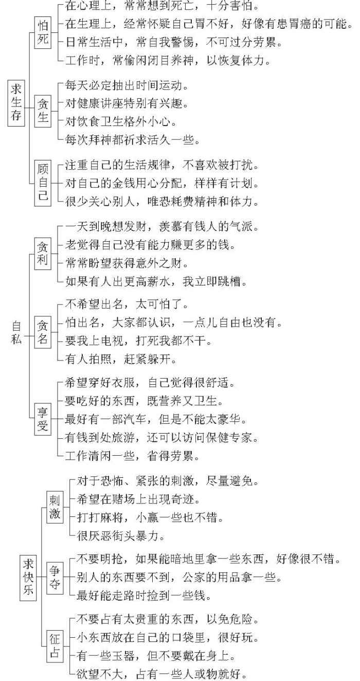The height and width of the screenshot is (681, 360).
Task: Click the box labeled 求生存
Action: point(16,103)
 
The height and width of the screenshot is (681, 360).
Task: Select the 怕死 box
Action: point(43,32)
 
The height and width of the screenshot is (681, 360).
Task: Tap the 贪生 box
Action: point(43,111)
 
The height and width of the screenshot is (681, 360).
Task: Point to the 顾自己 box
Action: point(43,183)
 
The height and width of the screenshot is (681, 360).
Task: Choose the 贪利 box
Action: point(43,254)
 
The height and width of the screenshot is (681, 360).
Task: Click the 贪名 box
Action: point(43,332)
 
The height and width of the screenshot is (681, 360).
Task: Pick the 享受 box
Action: point(43,419)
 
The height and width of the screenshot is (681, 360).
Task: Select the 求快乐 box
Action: point(28,577)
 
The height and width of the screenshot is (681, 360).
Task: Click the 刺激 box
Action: point(55,507)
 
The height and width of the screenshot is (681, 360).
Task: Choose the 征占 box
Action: point(55,647)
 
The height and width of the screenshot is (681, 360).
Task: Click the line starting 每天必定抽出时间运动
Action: point(126,86)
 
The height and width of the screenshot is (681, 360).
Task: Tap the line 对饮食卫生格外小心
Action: point(121,122)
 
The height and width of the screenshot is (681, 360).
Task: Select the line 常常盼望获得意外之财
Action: point(126,263)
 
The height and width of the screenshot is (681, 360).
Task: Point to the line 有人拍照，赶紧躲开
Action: point(121,359)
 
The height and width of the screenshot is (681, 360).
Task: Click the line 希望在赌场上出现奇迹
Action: point(138,499)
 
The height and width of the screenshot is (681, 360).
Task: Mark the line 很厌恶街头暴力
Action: point(121,535)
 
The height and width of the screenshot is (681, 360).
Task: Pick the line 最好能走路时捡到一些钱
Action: point(144,595)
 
